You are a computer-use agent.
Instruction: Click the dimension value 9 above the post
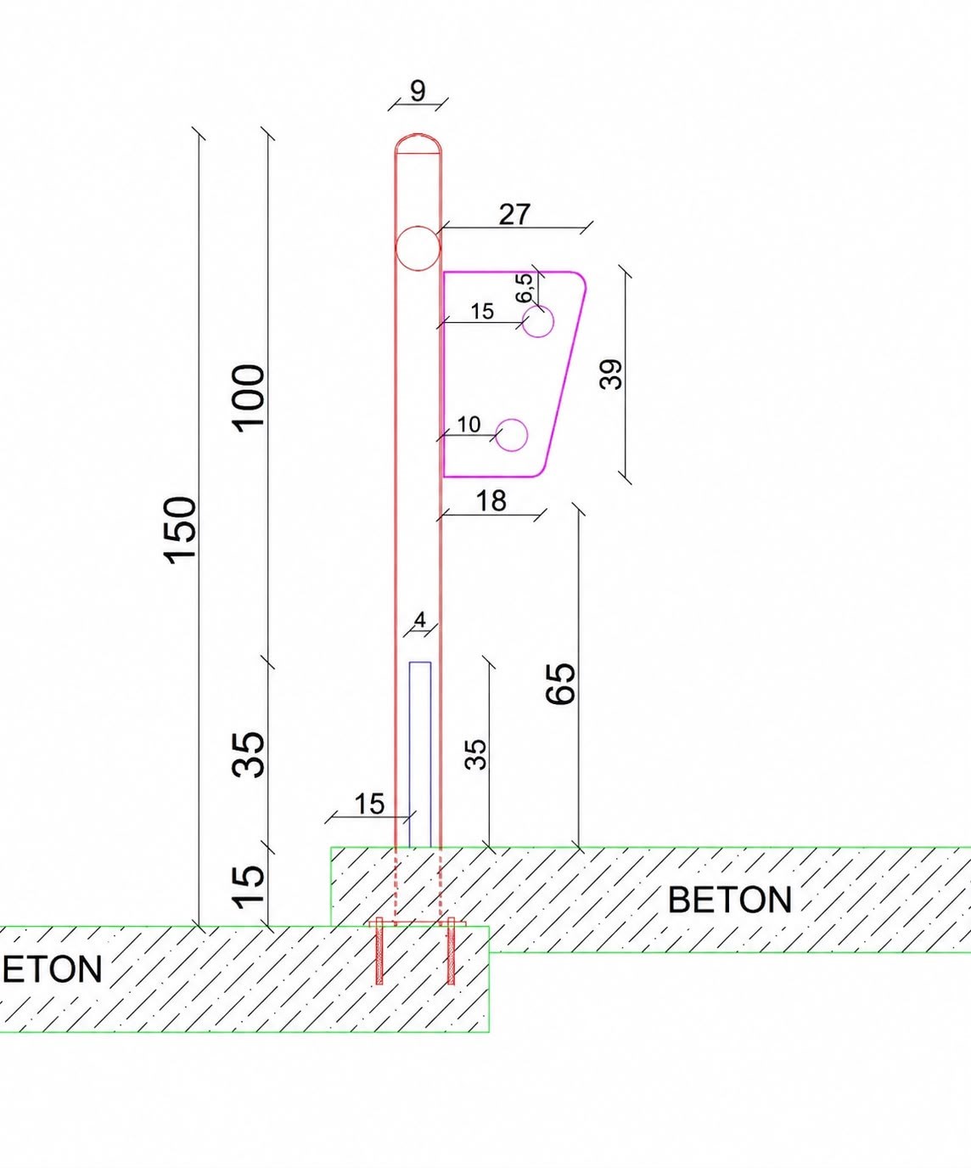pos(418,91)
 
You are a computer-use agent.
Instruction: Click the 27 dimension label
pos(514,214)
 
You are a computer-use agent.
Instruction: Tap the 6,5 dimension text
pos(525,288)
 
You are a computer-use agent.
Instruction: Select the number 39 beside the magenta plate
pos(611,375)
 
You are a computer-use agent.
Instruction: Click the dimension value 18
pos(491,500)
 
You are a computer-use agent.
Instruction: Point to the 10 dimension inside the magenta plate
pos(469,425)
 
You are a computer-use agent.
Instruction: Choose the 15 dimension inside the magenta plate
pos(482,312)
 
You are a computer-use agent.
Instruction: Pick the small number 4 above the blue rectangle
pos(419,620)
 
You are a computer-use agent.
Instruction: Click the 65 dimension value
pos(560,683)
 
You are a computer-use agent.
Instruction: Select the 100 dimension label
pos(248,398)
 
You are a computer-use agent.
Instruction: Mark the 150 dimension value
pos(180,530)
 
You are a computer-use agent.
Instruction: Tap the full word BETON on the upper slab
pos(729,900)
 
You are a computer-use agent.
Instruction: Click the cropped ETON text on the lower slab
pos(52,969)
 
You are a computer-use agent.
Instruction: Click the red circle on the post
pos(418,248)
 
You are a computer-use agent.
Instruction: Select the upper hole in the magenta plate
pos(538,322)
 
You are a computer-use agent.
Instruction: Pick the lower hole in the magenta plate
pos(512,435)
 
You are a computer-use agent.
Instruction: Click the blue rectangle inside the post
pos(420,754)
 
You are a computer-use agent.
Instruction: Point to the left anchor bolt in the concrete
pos(379,951)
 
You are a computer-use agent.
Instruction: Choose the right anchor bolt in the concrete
pos(451,951)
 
